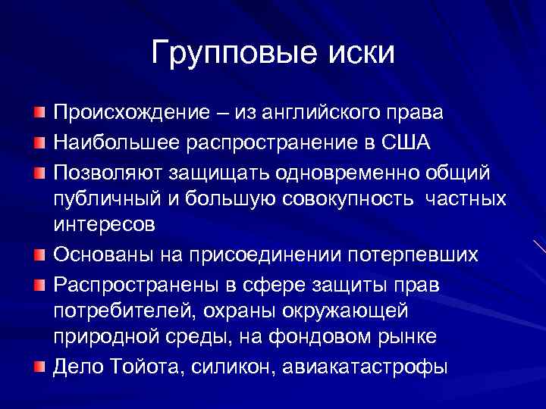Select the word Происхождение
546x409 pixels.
(130, 113)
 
